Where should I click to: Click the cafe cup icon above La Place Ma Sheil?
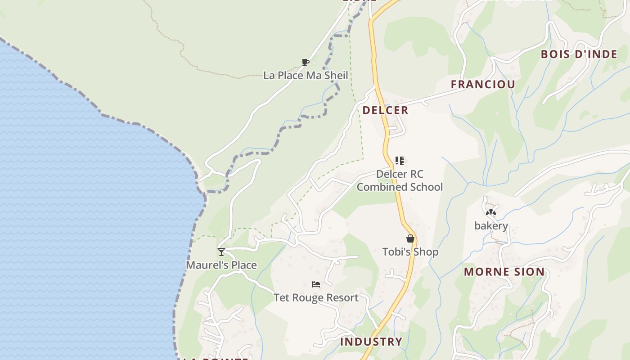pos(306,62)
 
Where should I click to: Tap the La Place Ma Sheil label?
pos(306,75)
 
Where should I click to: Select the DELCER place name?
pos(385,110)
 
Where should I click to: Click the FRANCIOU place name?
pos(483,84)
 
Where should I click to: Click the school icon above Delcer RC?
pos(399,160)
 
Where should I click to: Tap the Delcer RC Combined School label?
pos(400,180)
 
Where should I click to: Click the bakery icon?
pos(491,212)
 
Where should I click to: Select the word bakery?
pos(491,226)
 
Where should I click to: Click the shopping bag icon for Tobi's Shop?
pos(410,238)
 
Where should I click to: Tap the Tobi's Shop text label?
pos(410,252)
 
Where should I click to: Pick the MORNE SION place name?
pos(504,272)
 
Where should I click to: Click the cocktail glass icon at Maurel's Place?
pos(221,252)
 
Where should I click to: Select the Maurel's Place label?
pos(221,265)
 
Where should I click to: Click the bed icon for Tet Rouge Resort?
pos(316,284)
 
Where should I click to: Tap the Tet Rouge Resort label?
pos(316,297)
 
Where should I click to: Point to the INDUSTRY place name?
pos(371,342)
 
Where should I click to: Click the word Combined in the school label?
pos(379,187)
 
